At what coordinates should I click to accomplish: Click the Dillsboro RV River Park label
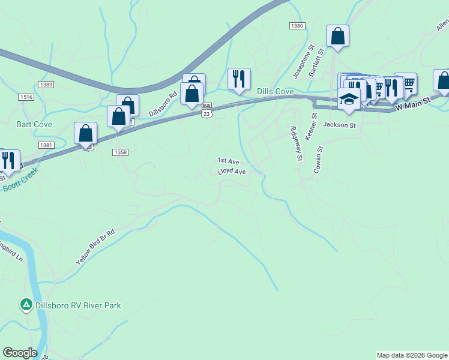click(77, 305)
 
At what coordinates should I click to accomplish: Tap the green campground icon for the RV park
click(26, 305)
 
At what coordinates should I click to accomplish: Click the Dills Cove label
click(275, 91)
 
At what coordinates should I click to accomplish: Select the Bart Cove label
click(34, 124)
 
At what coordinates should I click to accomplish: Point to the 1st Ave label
click(228, 161)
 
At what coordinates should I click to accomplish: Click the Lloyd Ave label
click(232, 172)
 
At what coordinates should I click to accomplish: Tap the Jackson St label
click(339, 125)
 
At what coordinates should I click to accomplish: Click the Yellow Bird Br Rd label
click(95, 247)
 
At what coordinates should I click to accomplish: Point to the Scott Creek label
click(20, 179)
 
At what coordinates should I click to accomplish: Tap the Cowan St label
click(319, 160)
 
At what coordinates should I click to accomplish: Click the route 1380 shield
click(297, 26)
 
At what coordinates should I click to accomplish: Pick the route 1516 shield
click(26, 97)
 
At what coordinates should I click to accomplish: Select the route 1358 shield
click(119, 152)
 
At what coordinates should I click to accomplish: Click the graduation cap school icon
click(348, 97)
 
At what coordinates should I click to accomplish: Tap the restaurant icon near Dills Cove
click(239, 79)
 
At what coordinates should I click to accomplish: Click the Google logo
click(20, 353)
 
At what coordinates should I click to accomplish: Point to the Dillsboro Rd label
click(164, 103)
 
